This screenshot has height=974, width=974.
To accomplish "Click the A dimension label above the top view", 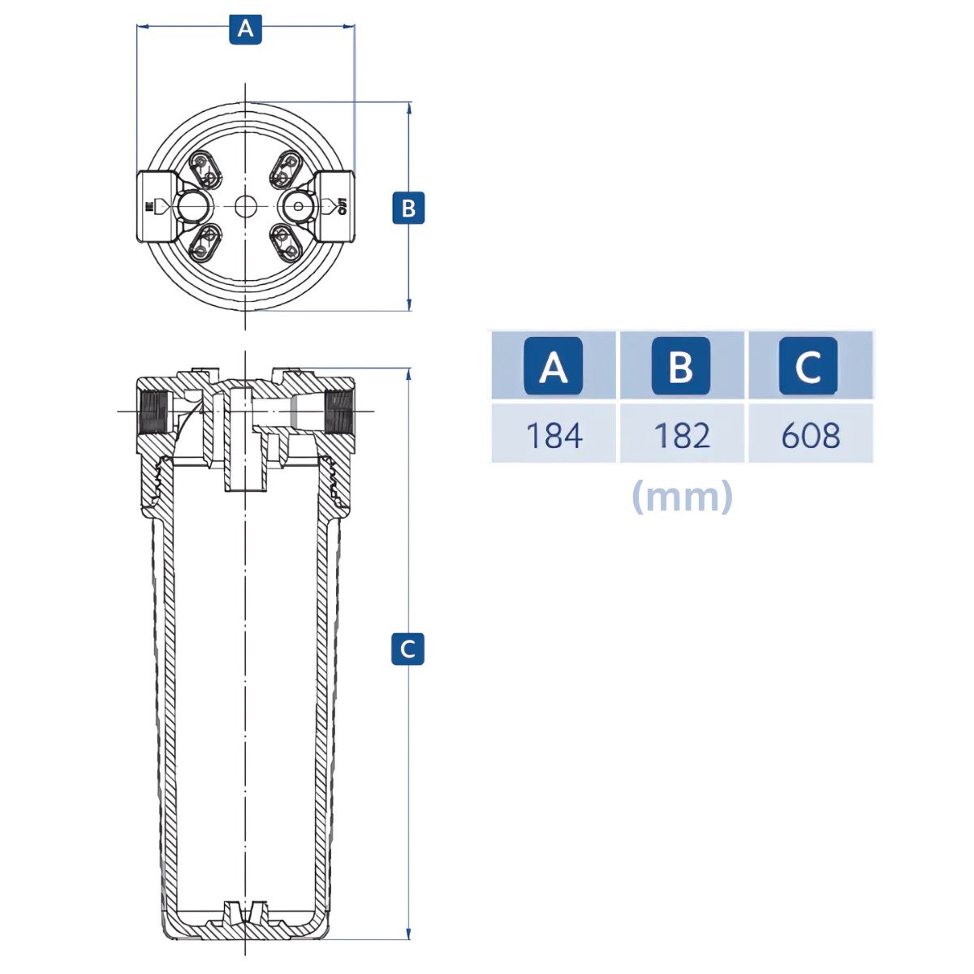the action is [x=245, y=29].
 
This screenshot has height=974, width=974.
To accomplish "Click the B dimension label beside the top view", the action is [x=408, y=208].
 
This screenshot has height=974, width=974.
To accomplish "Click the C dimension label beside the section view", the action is [x=407, y=649].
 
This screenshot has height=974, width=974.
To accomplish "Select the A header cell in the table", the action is [x=554, y=365].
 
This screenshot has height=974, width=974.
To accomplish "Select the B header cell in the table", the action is [x=681, y=365].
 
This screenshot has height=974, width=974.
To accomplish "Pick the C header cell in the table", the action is [x=808, y=365].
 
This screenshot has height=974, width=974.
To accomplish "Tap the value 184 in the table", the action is [x=554, y=435].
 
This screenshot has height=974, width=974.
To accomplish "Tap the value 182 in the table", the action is [x=682, y=435].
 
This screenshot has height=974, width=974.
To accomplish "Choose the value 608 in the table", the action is [x=811, y=435].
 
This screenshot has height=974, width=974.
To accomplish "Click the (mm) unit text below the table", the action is [x=682, y=497].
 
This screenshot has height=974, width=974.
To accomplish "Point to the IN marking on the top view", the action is [x=149, y=206].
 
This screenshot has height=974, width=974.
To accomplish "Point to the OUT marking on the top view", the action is [x=343, y=205].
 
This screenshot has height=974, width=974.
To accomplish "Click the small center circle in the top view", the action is [x=246, y=206].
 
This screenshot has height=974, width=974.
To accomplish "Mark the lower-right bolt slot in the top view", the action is [x=286, y=243].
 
